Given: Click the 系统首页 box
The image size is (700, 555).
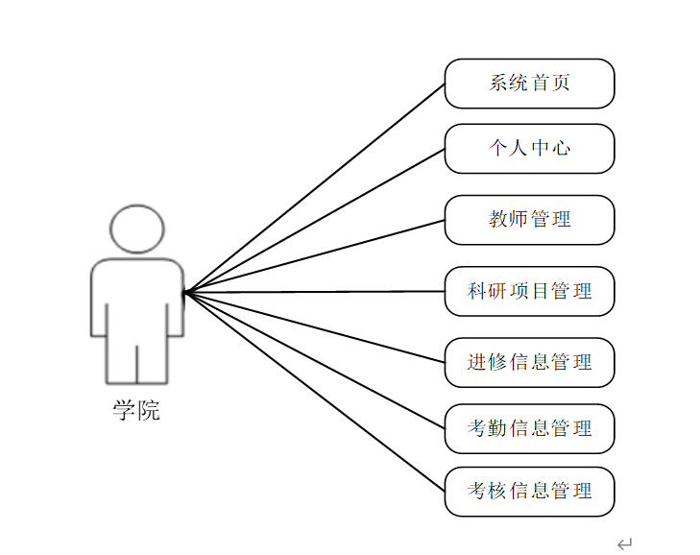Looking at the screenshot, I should pos(529,84).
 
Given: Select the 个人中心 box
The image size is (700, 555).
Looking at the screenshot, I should pos(529,149).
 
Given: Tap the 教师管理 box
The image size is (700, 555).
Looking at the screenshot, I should pos(529,220).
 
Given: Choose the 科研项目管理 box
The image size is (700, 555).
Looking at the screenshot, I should pos(529,291).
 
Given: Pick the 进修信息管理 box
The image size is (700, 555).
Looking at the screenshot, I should pos(529,362).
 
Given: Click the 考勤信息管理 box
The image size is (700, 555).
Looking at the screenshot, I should pos(529,428).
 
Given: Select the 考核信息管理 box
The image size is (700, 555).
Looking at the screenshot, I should pos(529,492).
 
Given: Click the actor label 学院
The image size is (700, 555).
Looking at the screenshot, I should pos(136,412).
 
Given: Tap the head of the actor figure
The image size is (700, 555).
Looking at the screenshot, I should pos(136,229).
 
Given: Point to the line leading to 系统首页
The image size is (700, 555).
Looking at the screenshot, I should pos(315,187).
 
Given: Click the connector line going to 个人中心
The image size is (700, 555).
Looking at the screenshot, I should pos(315,220).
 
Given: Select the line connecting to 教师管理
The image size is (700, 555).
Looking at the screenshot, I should pos(315,255).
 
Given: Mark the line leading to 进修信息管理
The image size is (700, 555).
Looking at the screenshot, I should pos(315,326).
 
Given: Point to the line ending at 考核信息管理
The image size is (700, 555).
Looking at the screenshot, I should pos(315,392).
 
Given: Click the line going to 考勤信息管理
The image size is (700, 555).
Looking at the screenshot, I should pos(315,359).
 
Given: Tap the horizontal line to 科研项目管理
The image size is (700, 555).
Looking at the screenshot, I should pos(315,291).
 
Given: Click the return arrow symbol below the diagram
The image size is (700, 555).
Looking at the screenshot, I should pos(625,544).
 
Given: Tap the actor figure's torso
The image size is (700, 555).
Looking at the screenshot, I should pos(136,298).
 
